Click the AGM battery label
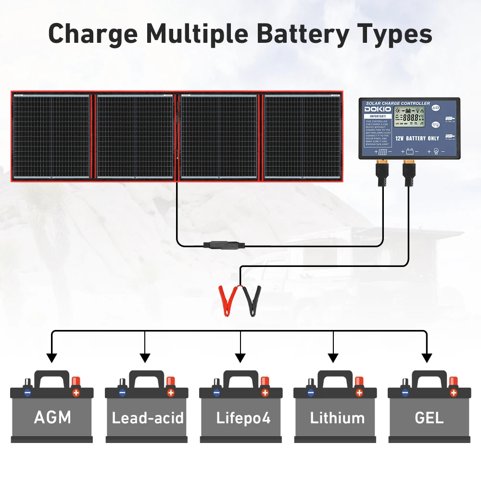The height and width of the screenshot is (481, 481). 52,417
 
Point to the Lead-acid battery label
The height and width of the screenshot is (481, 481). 148,418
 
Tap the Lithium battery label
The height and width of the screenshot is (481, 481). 337,418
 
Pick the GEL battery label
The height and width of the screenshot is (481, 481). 429,417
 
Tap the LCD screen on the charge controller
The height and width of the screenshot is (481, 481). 409,117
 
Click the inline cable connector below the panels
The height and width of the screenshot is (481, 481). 224,245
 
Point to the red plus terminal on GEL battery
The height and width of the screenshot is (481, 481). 453,392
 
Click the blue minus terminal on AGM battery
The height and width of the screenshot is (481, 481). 27,392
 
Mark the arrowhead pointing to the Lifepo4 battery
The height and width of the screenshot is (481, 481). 240,358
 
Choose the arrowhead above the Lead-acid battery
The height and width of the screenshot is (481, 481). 145,358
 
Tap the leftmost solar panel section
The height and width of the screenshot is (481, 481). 51,137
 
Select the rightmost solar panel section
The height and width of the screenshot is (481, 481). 303,137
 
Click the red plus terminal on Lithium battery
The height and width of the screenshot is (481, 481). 359,392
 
